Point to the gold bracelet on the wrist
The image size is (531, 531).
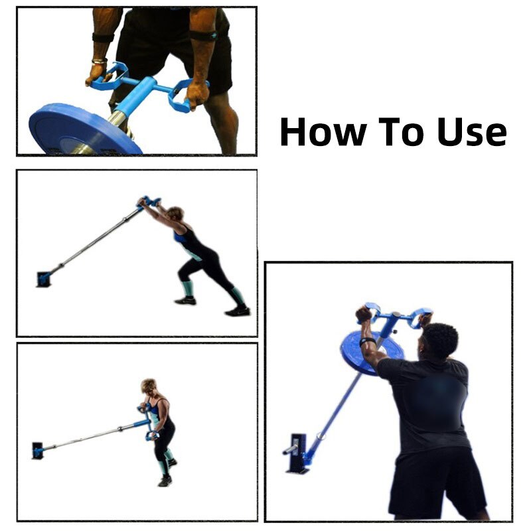pyautogui.click(x=100, y=61)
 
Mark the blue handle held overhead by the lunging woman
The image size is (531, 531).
pyautogui.click(x=149, y=200)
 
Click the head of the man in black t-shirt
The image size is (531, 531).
pyautogui.click(x=437, y=342)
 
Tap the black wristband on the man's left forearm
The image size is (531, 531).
pyautogui.click(x=368, y=342)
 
